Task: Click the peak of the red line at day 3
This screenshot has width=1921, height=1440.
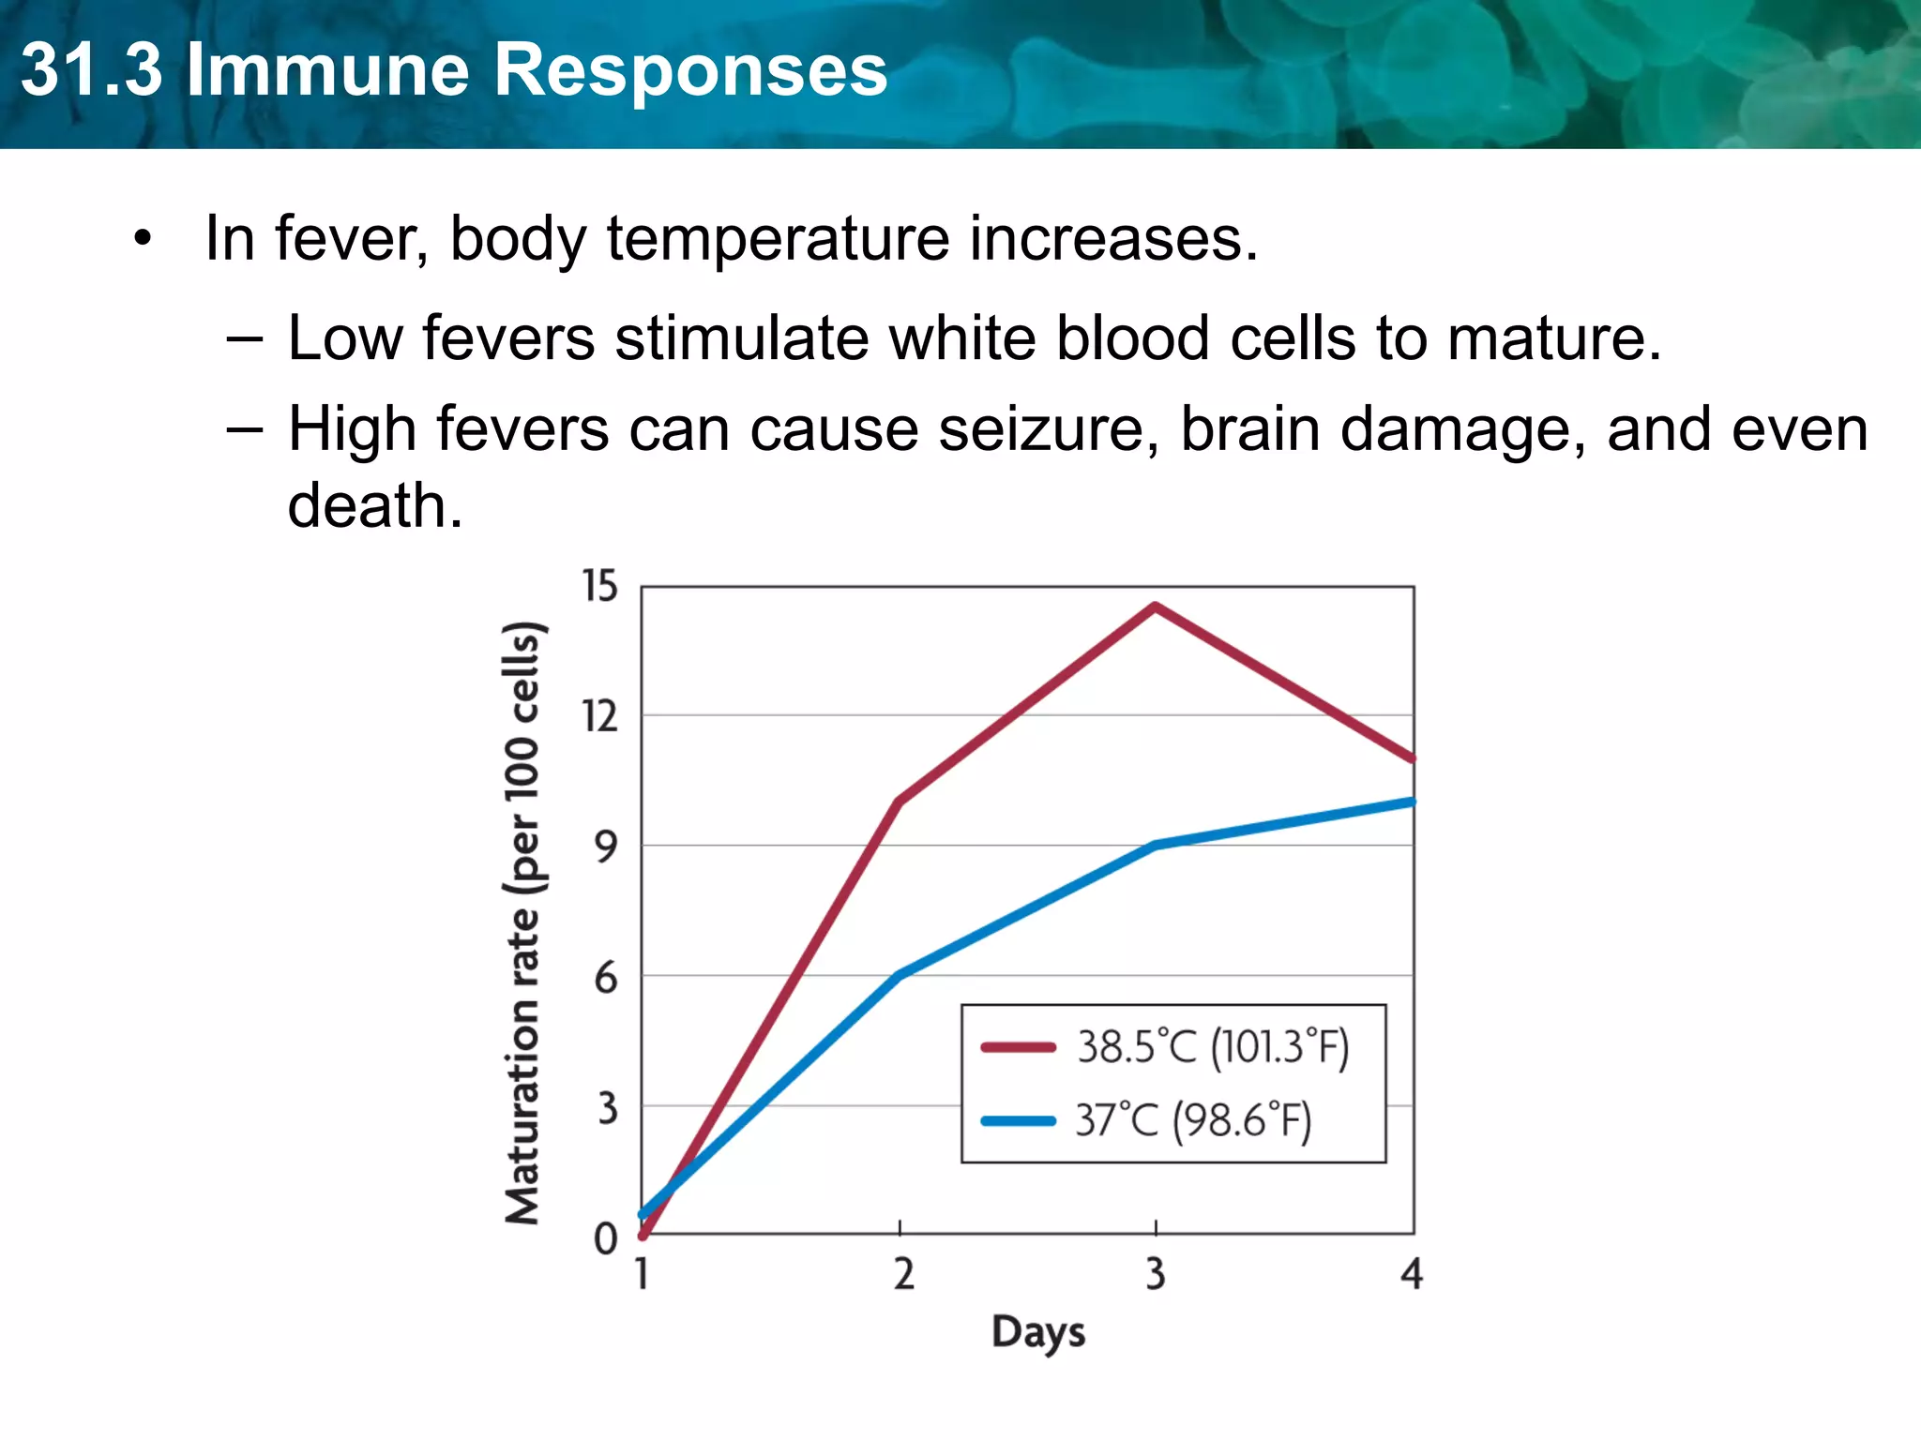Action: point(1156,607)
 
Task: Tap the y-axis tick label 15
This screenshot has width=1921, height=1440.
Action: point(600,586)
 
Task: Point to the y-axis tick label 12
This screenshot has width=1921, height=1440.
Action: point(600,716)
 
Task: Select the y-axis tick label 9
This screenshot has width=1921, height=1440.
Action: point(607,847)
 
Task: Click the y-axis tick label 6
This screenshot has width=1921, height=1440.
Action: point(607,978)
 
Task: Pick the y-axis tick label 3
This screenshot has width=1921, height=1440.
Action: point(608,1108)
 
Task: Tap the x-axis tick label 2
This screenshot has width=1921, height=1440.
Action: point(903,1274)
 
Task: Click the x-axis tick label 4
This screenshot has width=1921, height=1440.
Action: point(1412,1274)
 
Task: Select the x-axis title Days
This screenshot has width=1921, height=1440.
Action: point(1038,1332)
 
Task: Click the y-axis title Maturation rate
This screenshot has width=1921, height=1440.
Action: point(523,922)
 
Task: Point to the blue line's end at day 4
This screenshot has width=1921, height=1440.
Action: point(1412,802)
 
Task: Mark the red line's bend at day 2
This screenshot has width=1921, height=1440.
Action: point(900,802)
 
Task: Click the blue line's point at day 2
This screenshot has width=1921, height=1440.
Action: point(900,975)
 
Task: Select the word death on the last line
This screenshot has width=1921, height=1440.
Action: point(374,506)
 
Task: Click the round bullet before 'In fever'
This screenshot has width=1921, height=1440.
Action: point(142,238)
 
